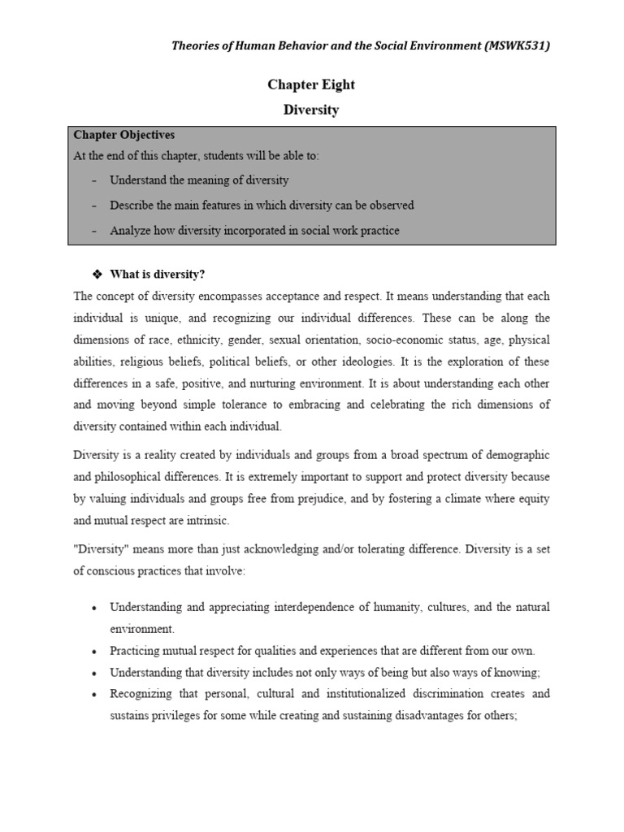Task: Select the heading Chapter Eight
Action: (x=311, y=84)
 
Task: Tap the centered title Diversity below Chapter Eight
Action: (x=311, y=110)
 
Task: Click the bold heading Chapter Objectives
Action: (x=124, y=135)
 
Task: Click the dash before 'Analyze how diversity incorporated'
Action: (x=94, y=231)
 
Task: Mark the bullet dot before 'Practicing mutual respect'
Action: (x=95, y=652)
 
